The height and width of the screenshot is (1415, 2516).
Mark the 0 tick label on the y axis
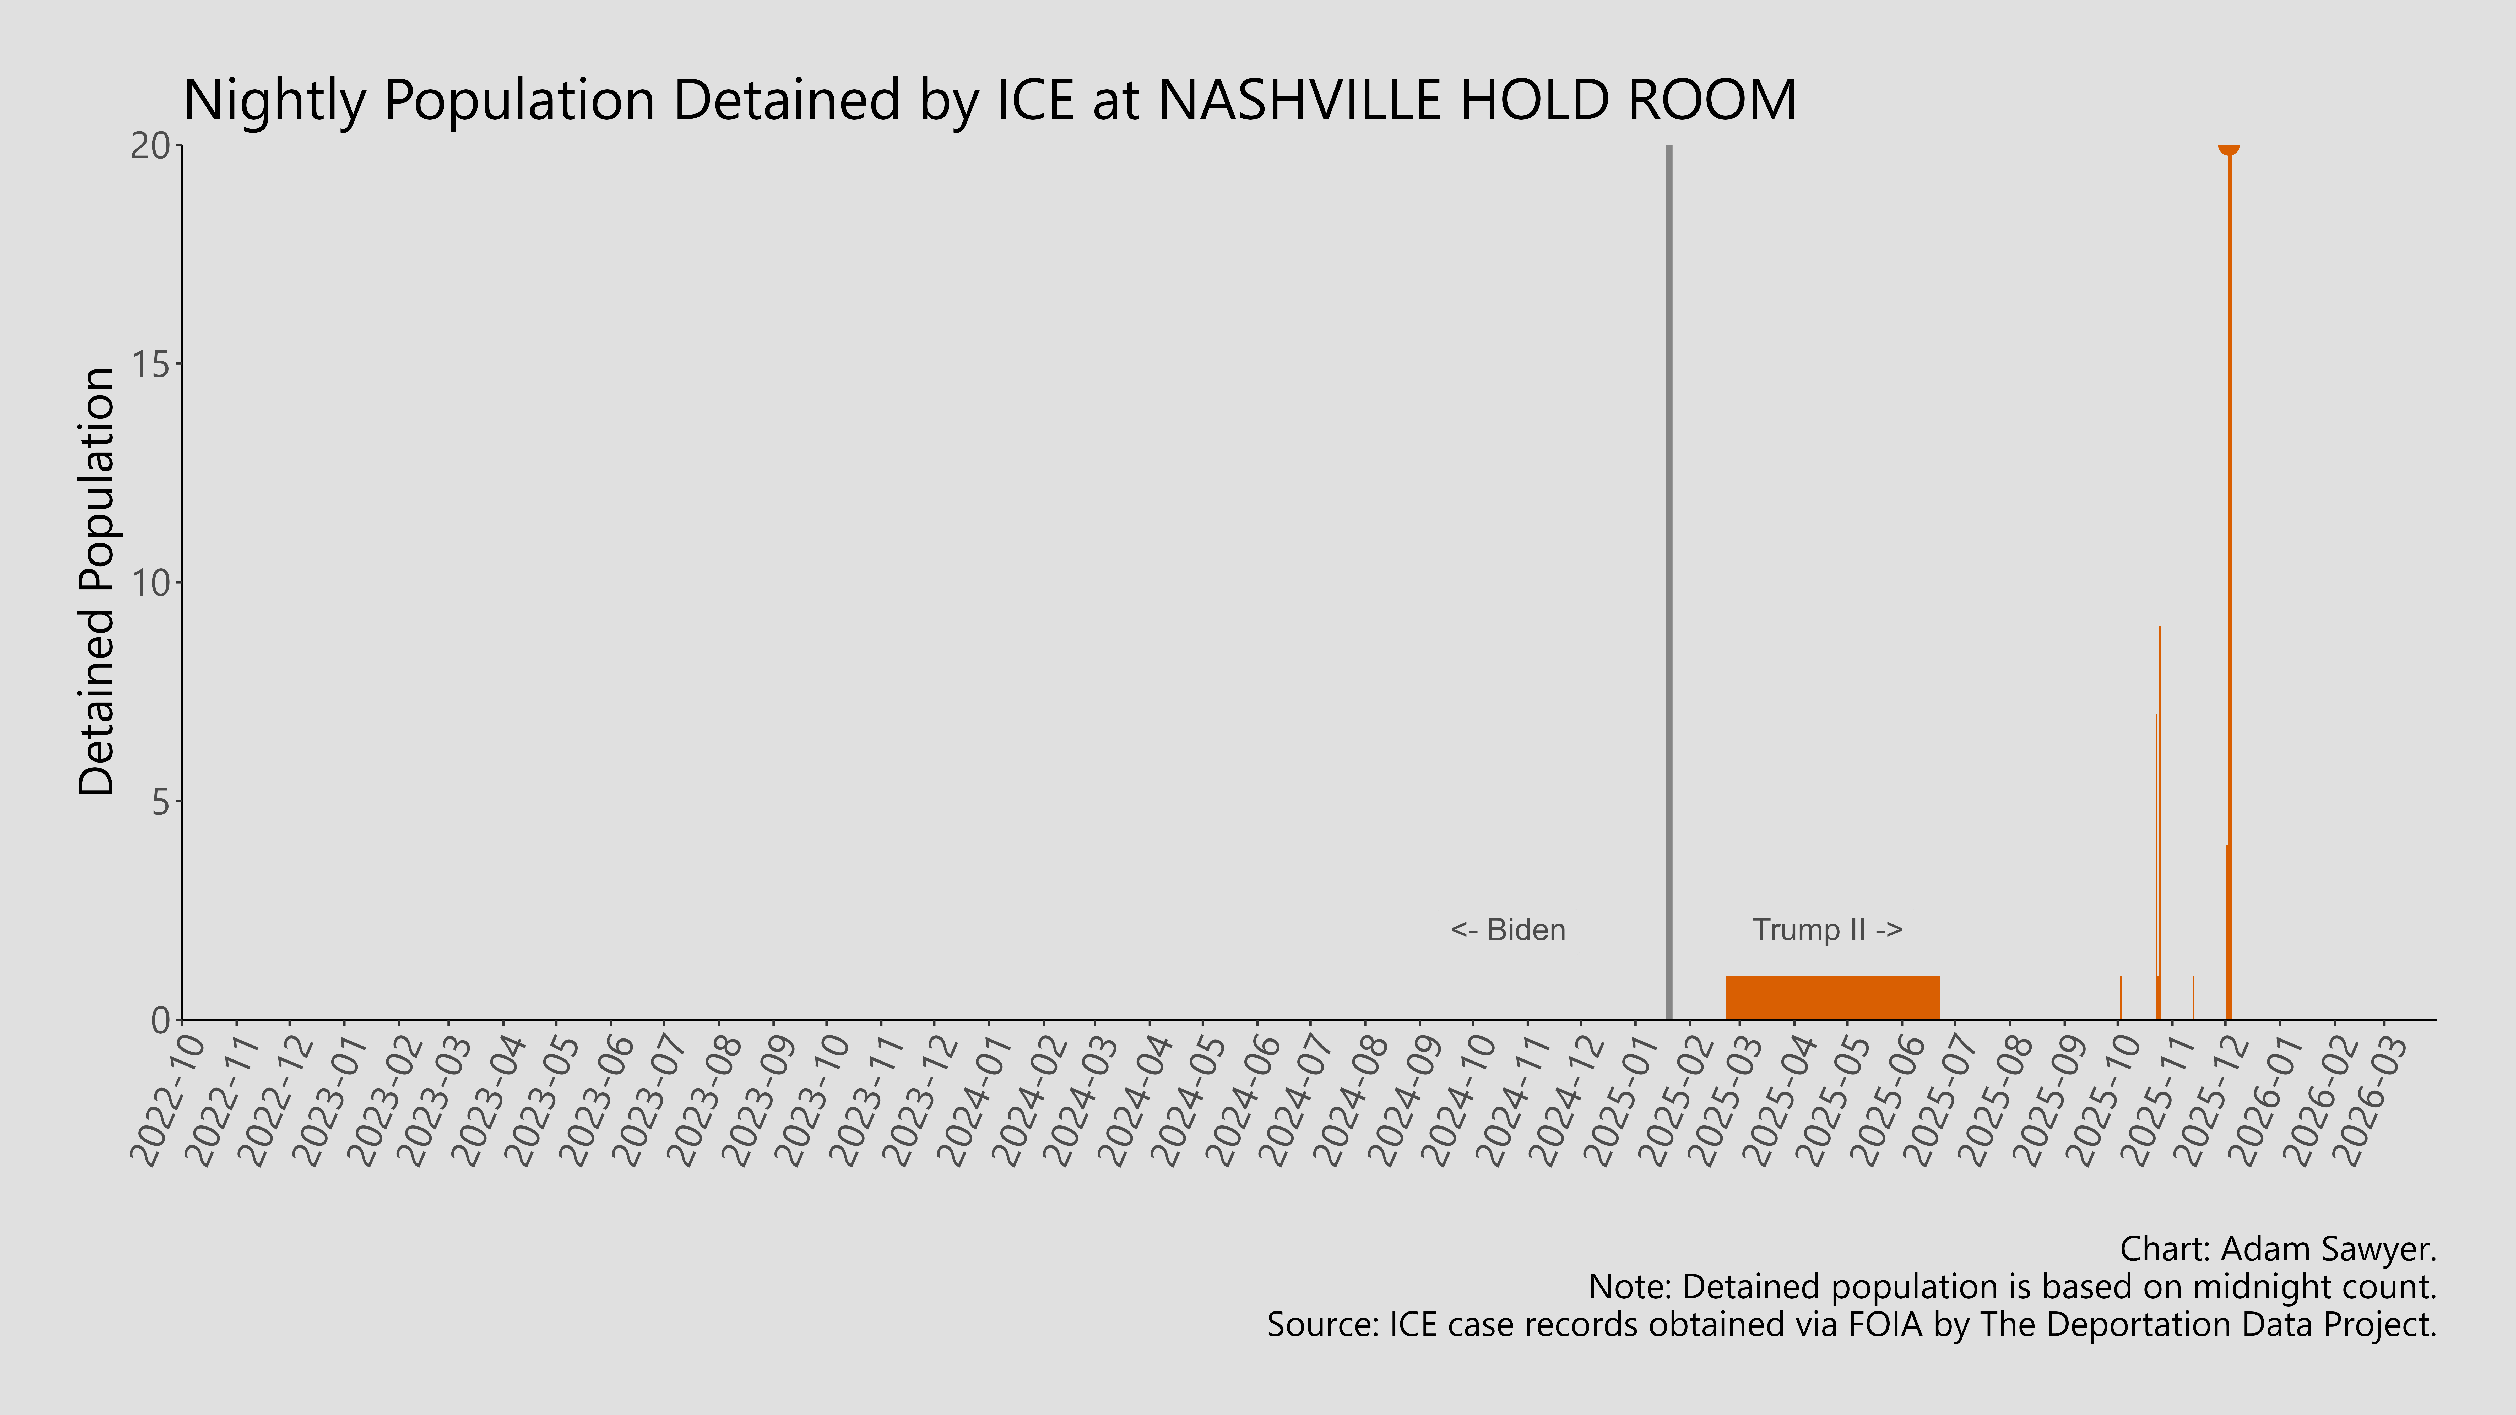tap(161, 1020)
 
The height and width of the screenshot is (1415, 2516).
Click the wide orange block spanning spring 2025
tap(1832, 997)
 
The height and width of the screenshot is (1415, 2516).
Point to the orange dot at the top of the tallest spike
tap(2228, 146)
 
